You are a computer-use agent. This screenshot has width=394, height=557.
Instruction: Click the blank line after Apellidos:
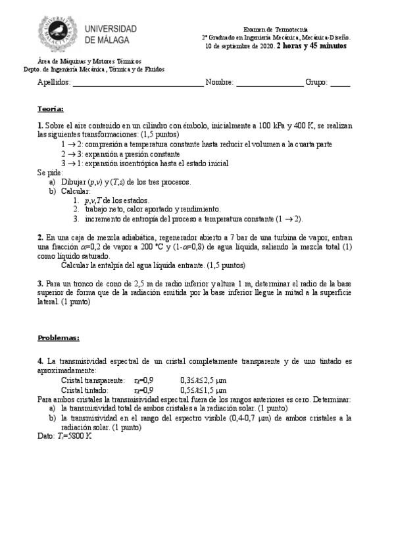[x=137, y=83]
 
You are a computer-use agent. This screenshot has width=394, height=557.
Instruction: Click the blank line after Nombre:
[x=270, y=83]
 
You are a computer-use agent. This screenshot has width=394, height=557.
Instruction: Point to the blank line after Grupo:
[x=340, y=83]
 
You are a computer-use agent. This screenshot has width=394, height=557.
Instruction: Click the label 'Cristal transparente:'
[x=93, y=380]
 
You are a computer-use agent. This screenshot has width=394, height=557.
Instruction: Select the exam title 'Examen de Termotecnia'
[x=275, y=30]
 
